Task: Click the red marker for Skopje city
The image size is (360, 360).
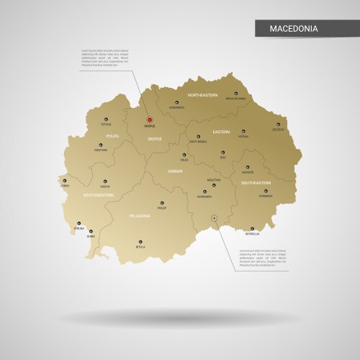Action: (150, 120)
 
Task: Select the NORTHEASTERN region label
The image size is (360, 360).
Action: (202, 95)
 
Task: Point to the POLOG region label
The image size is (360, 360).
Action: (112, 135)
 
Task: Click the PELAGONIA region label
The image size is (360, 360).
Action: (140, 215)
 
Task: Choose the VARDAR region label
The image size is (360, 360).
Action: (176, 171)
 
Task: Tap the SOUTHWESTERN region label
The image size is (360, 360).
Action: (98, 195)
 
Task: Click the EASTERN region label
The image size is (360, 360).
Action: (221, 132)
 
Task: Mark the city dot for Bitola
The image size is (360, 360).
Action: (141, 241)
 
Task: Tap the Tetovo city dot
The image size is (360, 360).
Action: (107, 119)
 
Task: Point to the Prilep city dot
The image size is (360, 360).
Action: (161, 202)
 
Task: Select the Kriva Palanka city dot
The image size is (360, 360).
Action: (235, 92)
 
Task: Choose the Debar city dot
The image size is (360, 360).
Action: (66, 181)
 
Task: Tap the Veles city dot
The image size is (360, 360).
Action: (184, 155)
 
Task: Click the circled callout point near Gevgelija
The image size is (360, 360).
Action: (214, 217)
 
